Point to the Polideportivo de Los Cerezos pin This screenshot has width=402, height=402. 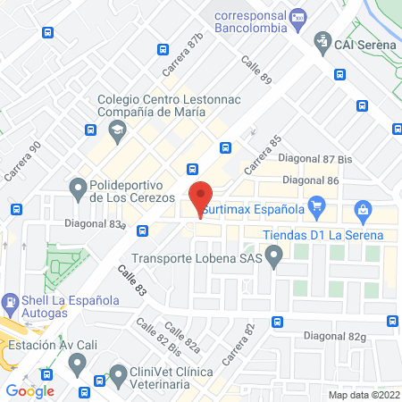(x=76, y=187)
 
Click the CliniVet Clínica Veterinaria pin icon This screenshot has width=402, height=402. (x=118, y=372)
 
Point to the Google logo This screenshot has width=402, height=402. (x=30, y=390)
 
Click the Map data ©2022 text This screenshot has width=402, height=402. (x=363, y=394)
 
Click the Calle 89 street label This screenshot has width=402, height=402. (x=258, y=71)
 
